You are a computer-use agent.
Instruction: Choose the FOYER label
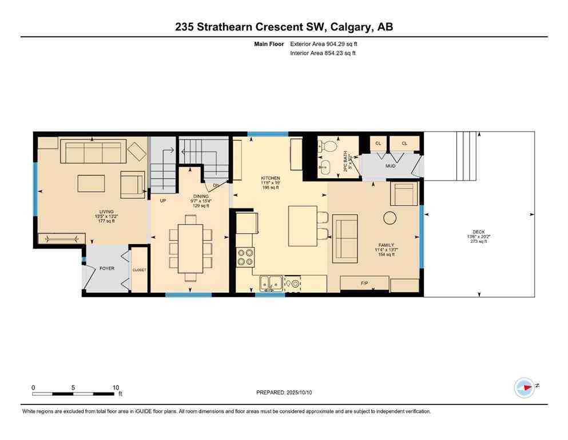coord(107,268)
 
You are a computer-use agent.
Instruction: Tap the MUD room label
coord(390,166)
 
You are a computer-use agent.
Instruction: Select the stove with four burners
coord(245,257)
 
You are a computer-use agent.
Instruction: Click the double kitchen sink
coord(269,282)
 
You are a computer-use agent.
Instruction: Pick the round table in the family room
coord(391,217)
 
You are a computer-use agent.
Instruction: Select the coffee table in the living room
coord(92,183)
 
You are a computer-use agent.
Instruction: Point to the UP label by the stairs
coord(163,201)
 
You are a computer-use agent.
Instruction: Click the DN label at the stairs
coord(216,185)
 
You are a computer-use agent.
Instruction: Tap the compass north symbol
coord(525,387)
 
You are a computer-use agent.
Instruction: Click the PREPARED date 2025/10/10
coord(284,392)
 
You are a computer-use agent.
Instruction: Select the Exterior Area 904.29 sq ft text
coord(325,44)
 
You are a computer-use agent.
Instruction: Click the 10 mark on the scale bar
coord(116,387)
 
